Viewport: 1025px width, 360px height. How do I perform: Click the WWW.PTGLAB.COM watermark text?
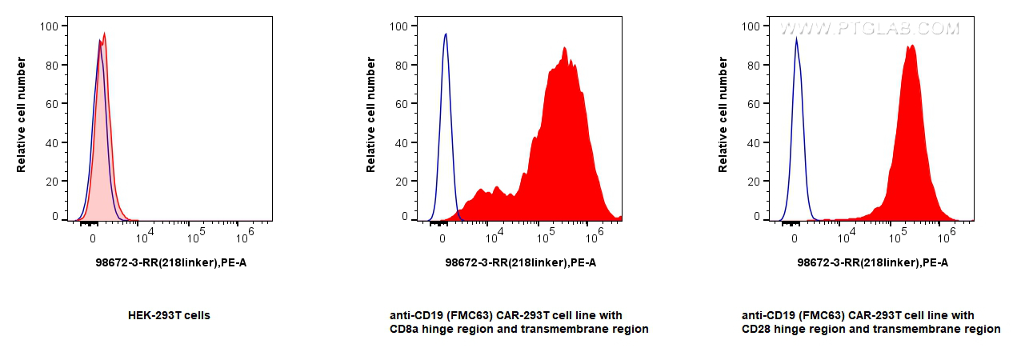click(x=869, y=29)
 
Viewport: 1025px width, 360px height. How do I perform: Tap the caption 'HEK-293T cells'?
click(x=169, y=315)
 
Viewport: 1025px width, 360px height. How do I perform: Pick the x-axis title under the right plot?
click(x=873, y=262)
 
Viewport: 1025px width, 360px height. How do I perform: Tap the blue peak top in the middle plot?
click(x=446, y=34)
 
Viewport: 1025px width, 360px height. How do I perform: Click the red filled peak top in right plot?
click(x=911, y=46)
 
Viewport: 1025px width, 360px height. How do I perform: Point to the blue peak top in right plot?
click(x=796, y=38)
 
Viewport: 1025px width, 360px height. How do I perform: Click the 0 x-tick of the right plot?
click(x=795, y=238)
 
